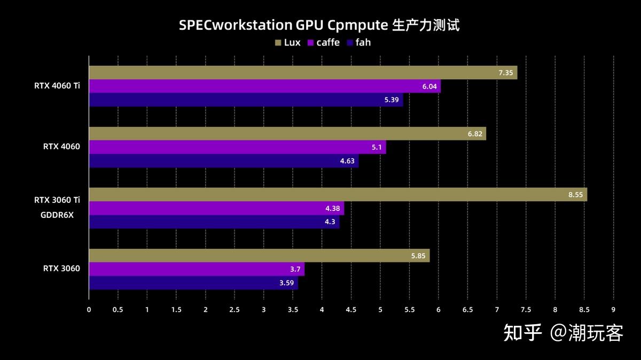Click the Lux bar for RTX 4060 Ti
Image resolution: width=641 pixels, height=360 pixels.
click(x=303, y=73)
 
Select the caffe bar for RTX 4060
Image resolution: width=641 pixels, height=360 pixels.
click(x=237, y=147)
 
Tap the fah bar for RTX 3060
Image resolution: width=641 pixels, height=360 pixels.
click(x=193, y=283)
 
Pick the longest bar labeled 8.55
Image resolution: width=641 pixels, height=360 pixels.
click(x=338, y=194)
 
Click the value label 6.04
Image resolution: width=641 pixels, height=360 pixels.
click(x=429, y=87)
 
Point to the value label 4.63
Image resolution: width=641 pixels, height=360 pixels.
click(x=347, y=161)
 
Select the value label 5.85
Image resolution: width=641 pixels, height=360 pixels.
click(x=418, y=256)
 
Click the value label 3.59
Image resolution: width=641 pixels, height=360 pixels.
click(x=287, y=283)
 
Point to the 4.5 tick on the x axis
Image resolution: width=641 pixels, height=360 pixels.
click(x=351, y=309)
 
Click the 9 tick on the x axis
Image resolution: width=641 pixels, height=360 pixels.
click(x=613, y=309)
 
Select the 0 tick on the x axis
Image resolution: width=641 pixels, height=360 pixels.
click(x=89, y=309)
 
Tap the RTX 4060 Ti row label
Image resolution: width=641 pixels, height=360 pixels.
click(x=57, y=85)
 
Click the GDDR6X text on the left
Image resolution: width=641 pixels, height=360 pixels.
click(x=57, y=215)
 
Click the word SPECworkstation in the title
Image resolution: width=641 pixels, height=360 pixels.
click(x=236, y=25)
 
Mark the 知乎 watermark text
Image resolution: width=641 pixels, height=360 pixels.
click(x=522, y=333)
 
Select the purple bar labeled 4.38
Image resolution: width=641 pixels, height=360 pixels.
click(x=216, y=208)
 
